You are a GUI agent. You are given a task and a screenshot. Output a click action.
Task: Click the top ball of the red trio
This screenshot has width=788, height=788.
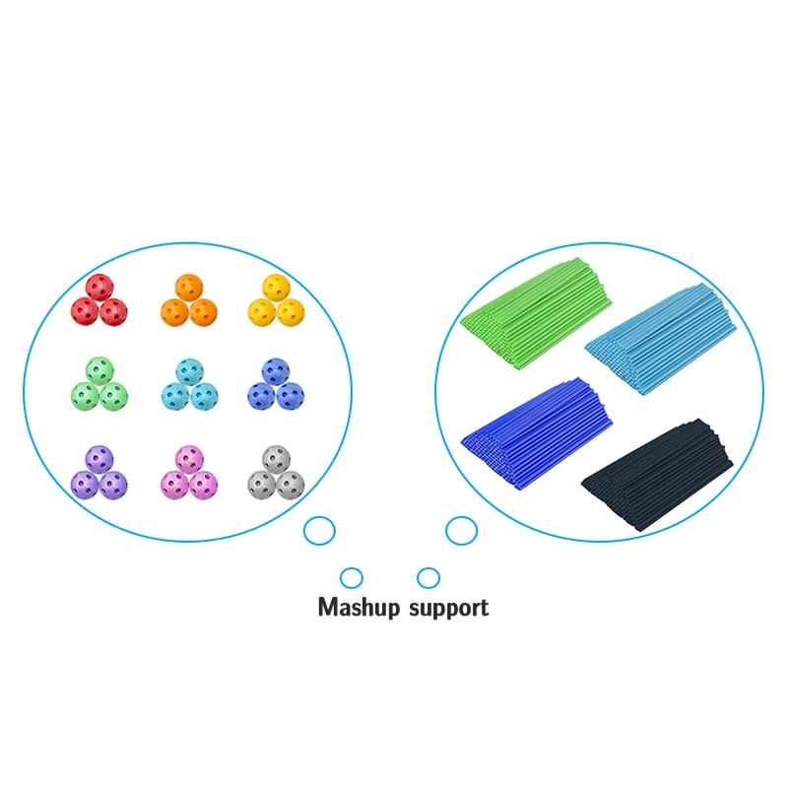pyautogui.click(x=99, y=288)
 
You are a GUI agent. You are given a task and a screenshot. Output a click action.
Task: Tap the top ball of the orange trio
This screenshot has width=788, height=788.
pyautogui.click(x=189, y=288)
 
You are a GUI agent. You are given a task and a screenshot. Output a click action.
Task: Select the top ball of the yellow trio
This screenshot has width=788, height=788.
pyautogui.click(x=276, y=288)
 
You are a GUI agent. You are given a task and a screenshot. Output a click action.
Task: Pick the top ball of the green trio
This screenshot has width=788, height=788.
pyautogui.click(x=99, y=371)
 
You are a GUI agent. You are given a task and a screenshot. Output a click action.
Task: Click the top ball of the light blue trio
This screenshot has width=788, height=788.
pyautogui.click(x=189, y=372)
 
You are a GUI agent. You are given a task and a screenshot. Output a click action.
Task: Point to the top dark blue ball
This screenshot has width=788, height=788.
pyautogui.click(x=276, y=372)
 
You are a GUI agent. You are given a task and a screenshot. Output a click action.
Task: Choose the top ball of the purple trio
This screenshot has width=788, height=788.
pyautogui.click(x=99, y=459)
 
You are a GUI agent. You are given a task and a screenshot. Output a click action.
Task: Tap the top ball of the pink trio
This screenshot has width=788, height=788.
pyautogui.click(x=189, y=459)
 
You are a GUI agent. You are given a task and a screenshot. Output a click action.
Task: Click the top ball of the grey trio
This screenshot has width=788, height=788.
pyautogui.click(x=276, y=459)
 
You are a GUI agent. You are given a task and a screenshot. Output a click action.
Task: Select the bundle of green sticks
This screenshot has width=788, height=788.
pyautogui.click(x=536, y=312)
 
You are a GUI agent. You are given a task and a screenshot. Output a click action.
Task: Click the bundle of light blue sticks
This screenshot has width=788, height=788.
pyautogui.click(x=661, y=339)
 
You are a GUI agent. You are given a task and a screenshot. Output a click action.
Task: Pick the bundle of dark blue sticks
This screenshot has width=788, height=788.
pyautogui.click(x=537, y=433)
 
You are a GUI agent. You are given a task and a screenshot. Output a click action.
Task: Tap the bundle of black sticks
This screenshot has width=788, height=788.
pyautogui.click(x=656, y=475)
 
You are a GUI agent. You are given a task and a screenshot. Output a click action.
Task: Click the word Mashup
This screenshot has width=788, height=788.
pyautogui.click(x=359, y=608)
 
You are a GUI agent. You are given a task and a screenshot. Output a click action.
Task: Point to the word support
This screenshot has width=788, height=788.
pyautogui.click(x=448, y=609)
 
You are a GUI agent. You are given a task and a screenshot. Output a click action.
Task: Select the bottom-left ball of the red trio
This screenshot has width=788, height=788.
pyautogui.click(x=85, y=311)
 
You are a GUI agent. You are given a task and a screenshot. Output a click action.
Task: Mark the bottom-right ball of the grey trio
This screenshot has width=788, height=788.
pyautogui.click(x=291, y=485)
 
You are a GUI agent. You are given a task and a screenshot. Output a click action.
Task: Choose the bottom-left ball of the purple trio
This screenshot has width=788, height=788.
pyautogui.click(x=85, y=485)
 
